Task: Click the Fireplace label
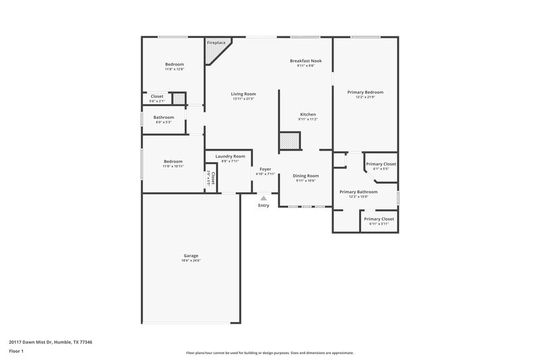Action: [216, 43]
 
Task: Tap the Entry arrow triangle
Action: [263, 198]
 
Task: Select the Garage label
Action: [191, 255]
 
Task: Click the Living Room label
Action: [243, 94]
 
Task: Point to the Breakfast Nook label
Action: [306, 61]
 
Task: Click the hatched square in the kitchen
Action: [290, 141]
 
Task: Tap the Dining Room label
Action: [306, 176]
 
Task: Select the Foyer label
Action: [265, 169]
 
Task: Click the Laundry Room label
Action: [230, 156]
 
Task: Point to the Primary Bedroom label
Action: [365, 92]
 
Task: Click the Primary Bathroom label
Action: [358, 192]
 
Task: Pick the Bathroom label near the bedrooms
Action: [163, 117]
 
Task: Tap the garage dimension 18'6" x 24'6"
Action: [191, 261]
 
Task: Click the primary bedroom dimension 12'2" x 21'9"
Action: [365, 97]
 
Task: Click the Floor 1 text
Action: [17, 351]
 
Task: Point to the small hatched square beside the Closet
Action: [178, 99]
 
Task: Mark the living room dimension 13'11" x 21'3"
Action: [243, 99]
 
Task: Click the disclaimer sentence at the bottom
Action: [269, 353]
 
